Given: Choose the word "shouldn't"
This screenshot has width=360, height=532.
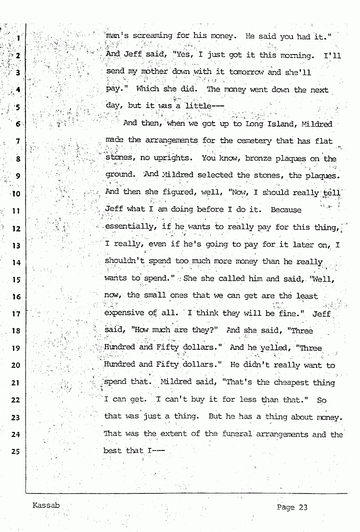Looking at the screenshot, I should click(x=122, y=262).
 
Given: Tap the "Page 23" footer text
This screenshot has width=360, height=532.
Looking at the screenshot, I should click(x=292, y=507).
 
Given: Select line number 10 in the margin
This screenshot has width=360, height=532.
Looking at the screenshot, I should click(x=15, y=194).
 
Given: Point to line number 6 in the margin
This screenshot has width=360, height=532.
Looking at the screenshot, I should click(x=17, y=124).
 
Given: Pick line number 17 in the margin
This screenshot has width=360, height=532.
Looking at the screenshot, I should click(x=15, y=314).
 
